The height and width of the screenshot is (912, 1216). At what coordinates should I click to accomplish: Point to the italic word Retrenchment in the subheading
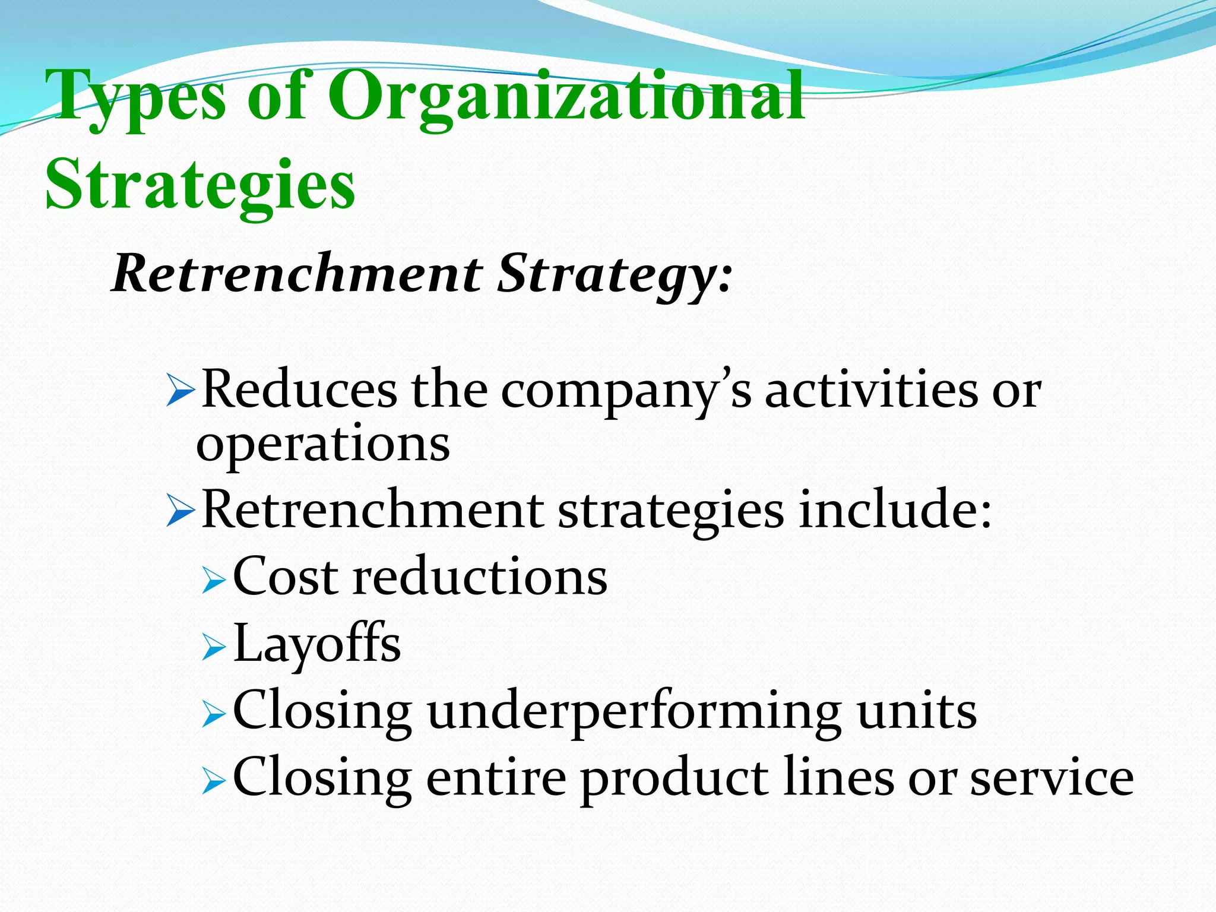[297, 273]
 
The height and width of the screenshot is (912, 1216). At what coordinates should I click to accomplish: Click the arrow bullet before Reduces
[180, 392]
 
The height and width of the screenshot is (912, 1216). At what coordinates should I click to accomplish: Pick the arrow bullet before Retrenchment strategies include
[180, 512]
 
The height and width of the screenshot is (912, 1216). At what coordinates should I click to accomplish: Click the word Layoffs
[317, 644]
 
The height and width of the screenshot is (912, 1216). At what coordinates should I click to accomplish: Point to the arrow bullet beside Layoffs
[213, 647]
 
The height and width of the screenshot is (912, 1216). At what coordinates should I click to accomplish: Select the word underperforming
[634, 712]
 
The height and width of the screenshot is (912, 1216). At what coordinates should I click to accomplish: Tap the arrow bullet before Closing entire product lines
[213, 781]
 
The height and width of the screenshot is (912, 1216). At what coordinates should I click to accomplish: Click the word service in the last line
[1052, 778]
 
